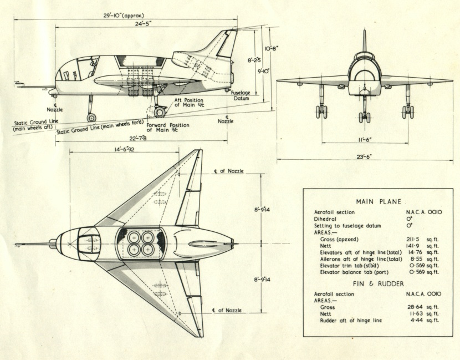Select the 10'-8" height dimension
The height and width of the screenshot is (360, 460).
click(271, 49)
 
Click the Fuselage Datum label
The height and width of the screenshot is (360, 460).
click(242, 97)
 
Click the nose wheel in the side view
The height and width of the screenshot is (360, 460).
click(91, 117)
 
